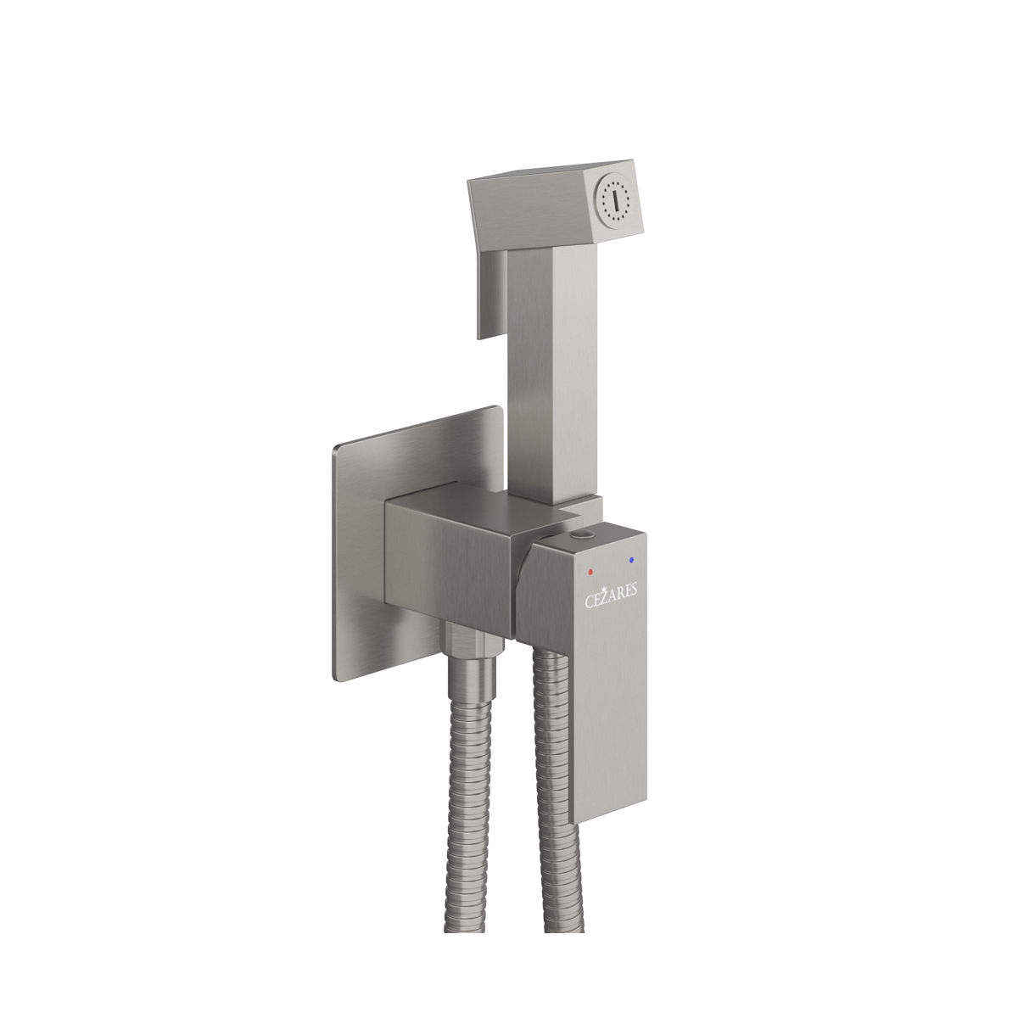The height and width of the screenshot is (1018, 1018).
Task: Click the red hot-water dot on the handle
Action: click(x=590, y=572)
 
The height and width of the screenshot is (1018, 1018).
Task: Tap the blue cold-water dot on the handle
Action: click(x=630, y=559)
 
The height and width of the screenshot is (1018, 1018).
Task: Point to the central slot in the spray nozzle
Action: click(x=614, y=200)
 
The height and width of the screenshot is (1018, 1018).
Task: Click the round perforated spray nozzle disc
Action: click(x=614, y=201)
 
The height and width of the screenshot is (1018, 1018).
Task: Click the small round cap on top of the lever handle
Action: click(x=582, y=535)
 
